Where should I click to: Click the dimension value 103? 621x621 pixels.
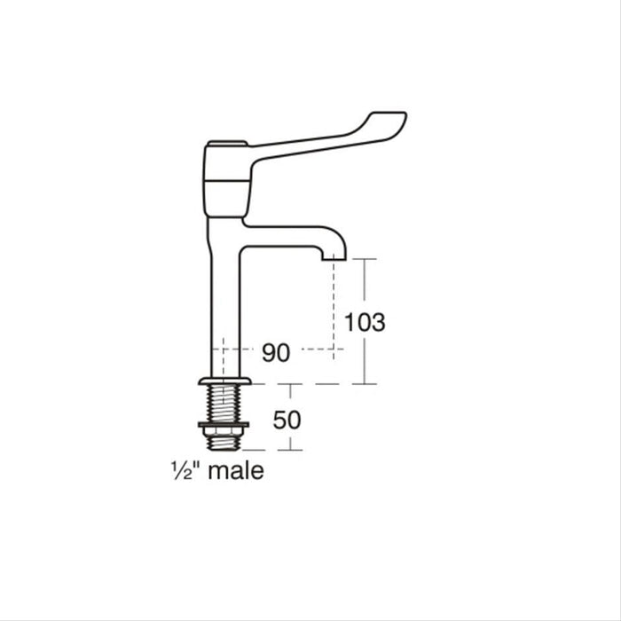click(x=365, y=323)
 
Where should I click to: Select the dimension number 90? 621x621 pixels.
click(x=276, y=353)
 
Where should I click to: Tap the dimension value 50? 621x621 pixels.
click(x=287, y=419)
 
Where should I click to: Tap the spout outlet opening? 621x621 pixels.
click(x=333, y=258)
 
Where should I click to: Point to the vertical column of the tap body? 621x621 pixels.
click(x=224, y=302)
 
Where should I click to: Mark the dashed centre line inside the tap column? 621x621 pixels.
click(x=224, y=355)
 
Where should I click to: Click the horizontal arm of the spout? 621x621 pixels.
click(x=284, y=228)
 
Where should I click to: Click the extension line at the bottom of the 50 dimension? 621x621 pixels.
click(x=275, y=450)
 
